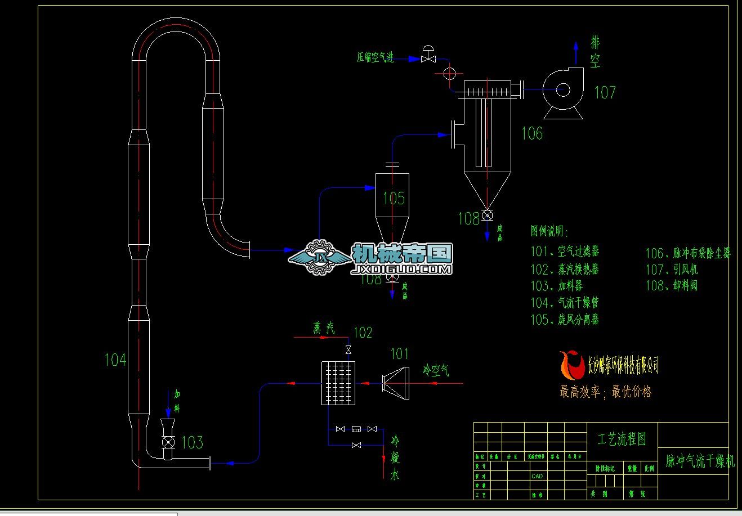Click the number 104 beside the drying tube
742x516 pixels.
[115, 360]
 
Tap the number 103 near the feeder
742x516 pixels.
[192, 442]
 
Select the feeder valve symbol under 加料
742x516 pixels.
[168, 441]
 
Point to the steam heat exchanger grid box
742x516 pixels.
[338, 383]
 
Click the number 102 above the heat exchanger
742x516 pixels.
[363, 333]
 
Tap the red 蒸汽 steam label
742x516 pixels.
[324, 328]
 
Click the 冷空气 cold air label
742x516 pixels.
[436, 370]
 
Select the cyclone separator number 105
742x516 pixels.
[394, 198]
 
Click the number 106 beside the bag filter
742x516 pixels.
[532, 133]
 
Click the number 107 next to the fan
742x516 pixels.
[605, 92]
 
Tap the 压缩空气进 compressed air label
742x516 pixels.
[375, 57]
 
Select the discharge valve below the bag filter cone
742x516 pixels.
[487, 215]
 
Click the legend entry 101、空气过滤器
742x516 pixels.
[565, 252]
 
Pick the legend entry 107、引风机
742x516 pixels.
[671, 270]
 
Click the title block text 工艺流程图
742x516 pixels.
[622, 439]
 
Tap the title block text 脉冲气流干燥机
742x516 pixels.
[700, 461]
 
